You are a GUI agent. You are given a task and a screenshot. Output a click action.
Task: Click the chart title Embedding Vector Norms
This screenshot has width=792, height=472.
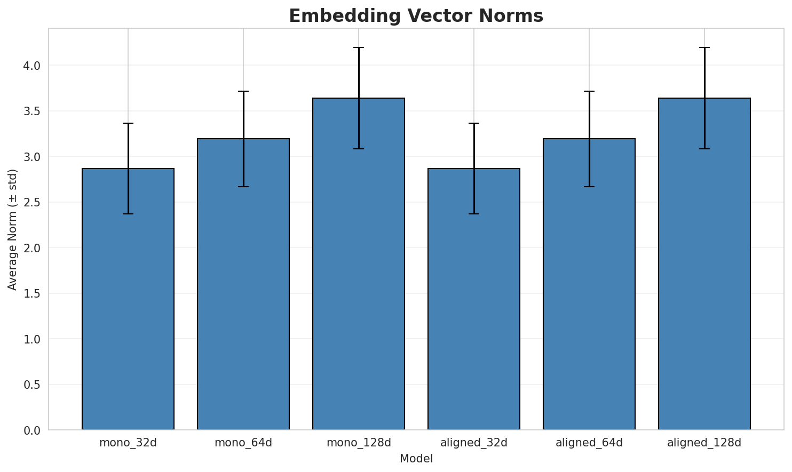coord(416,16)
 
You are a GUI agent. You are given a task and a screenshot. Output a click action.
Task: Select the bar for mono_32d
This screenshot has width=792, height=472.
coord(128,299)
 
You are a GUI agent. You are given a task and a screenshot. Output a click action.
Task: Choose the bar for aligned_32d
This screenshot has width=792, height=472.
coord(474,299)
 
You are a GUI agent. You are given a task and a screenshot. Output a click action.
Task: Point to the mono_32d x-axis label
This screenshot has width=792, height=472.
coord(128,443)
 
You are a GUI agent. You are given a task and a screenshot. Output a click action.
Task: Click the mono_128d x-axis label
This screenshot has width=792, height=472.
coord(359,443)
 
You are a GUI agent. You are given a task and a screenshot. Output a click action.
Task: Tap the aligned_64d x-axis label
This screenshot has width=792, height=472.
coord(589,443)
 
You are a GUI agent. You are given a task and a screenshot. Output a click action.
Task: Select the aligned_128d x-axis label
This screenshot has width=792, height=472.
coord(704,443)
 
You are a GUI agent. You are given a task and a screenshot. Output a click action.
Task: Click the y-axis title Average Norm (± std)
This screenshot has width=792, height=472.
coord(13,229)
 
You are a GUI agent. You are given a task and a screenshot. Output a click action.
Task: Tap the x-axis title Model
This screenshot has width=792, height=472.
coord(416,459)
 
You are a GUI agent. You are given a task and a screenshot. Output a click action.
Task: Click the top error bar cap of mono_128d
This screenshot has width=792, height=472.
coord(359,47)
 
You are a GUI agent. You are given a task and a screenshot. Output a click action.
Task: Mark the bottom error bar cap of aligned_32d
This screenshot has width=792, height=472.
coord(474,214)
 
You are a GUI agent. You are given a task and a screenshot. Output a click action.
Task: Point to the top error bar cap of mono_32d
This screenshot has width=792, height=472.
coord(128,123)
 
